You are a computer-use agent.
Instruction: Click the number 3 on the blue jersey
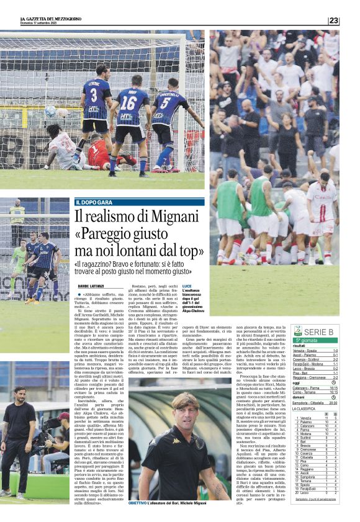pyautogui.click(x=94, y=95)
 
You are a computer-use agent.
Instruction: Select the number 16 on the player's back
pyautogui.click(x=128, y=102)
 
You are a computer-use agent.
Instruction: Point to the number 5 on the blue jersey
pyautogui.click(x=166, y=102)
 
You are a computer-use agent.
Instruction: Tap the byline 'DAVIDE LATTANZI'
pyautogui.click(x=92, y=285)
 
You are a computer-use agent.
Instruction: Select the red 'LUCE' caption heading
pyautogui.click(x=186, y=285)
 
